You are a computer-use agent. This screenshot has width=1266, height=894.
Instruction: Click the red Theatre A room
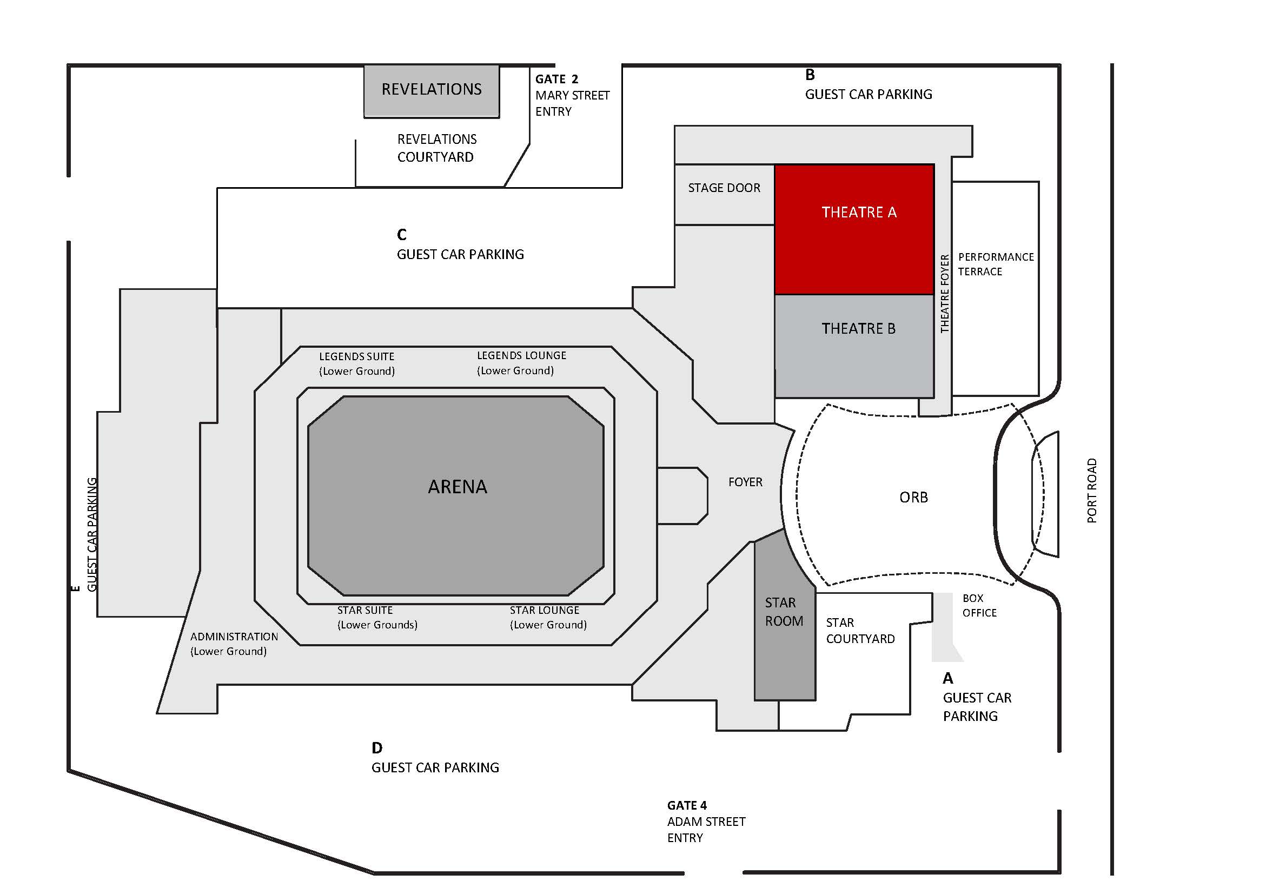pos(853,229)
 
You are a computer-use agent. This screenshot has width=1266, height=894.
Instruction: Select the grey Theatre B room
pos(853,345)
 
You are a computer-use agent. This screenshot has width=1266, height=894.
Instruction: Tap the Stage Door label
pos(724,188)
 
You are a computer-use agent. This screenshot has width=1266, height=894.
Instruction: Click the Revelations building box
pos(431,90)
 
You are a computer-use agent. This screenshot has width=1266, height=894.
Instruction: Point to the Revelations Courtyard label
pos(437,148)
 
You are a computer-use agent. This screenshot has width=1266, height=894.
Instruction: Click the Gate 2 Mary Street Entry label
pos(571,95)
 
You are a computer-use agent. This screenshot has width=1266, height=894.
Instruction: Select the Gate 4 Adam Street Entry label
pos(705,821)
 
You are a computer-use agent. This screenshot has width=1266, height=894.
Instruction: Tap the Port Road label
pos(1091,491)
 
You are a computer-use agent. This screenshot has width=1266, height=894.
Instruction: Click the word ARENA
pos(457,486)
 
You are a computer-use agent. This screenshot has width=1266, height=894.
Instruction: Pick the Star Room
pos(784,612)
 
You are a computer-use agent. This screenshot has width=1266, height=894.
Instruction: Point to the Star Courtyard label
pos(860,631)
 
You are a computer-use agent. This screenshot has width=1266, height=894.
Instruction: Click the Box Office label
pos(979,605)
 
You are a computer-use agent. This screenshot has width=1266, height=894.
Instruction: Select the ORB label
pos(913,498)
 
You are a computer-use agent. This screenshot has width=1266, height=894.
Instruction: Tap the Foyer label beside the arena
pos(745,482)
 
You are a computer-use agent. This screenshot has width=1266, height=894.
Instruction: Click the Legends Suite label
pos(357,363)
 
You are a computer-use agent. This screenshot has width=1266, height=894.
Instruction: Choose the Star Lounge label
pos(547,617)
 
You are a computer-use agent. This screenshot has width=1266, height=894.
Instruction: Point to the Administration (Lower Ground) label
pos(234,644)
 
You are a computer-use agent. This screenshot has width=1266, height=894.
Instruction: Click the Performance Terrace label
pos(995,264)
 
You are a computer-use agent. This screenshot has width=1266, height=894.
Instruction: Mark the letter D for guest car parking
pos(376,748)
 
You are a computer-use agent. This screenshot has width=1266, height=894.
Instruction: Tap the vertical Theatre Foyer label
pos(945,294)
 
